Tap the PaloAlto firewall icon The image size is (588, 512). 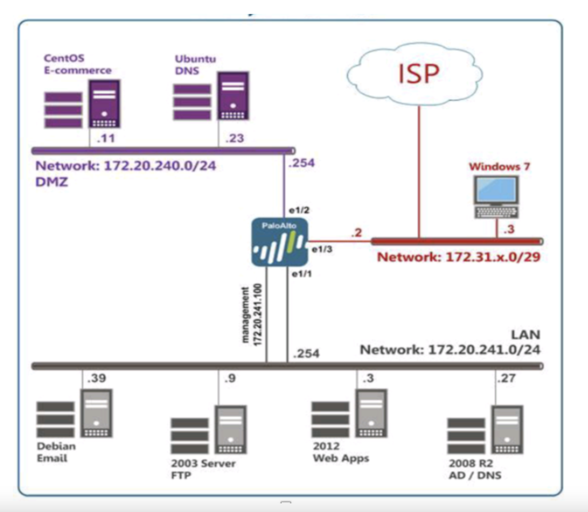click(280, 242)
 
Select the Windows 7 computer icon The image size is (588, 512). click(496, 197)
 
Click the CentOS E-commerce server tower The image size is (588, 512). click(105, 104)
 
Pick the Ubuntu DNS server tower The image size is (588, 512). click(233, 96)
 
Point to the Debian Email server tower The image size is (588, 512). click(96, 413)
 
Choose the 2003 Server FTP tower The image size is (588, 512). click(231, 429)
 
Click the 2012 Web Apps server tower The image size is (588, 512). click(372, 413)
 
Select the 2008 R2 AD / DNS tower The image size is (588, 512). click(508, 429)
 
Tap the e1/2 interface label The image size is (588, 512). click(299, 210)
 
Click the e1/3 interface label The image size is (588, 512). click(322, 249)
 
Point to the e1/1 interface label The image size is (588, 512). click(302, 274)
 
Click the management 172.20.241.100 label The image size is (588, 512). click(252, 315)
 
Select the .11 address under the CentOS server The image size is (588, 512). click(106, 138)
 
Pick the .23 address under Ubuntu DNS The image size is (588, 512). click(235, 138)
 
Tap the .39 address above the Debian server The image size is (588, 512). click(96, 378)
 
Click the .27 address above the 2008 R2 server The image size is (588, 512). click(506, 378)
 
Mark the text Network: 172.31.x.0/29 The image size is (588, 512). click(459, 257)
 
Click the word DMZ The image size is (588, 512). click(52, 182)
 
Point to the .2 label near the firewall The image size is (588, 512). click(357, 233)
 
